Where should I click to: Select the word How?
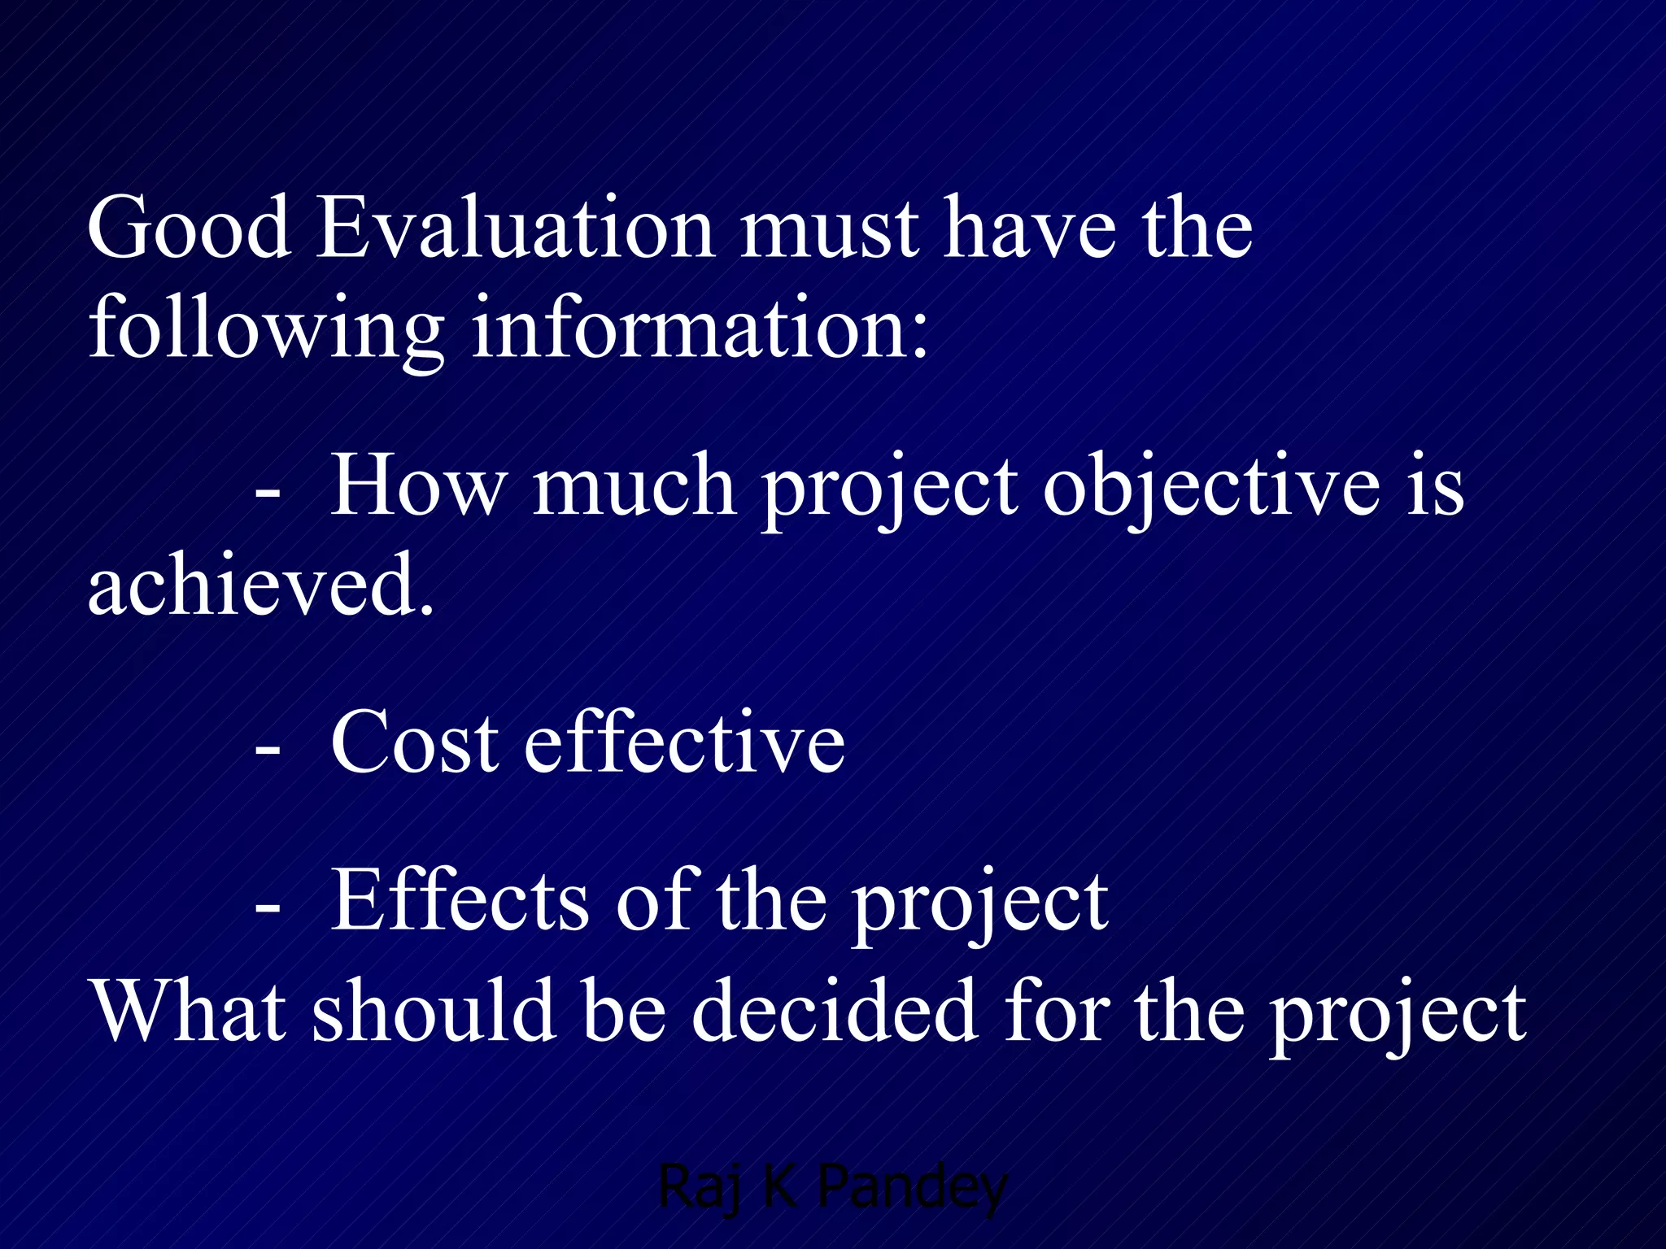[416, 486]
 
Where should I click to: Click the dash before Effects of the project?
[268, 909]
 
